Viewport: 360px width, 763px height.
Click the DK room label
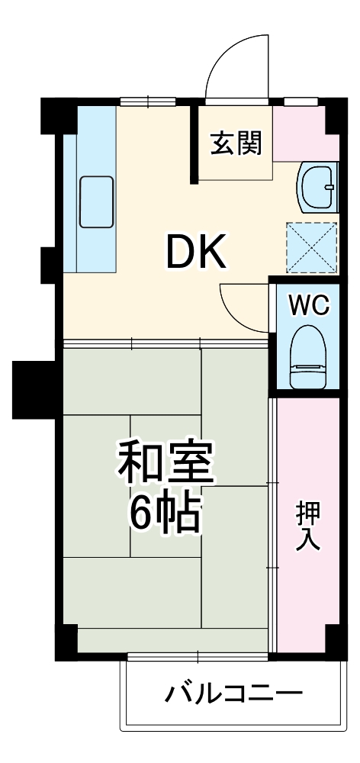[196, 252]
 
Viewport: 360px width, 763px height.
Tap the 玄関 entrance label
[236, 143]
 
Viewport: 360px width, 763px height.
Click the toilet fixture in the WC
[309, 358]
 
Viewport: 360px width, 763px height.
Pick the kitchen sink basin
[96, 201]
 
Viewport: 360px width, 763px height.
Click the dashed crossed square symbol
[311, 246]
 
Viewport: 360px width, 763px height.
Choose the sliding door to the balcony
[198, 656]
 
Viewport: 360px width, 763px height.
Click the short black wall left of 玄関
[195, 144]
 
